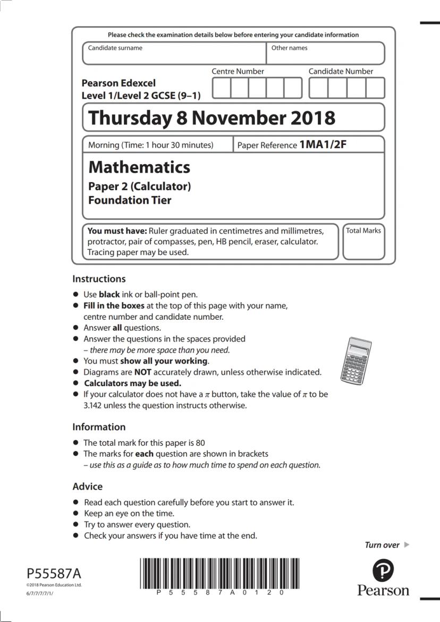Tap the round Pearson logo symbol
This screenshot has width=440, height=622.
(383, 571)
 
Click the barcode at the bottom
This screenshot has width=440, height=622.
(219, 573)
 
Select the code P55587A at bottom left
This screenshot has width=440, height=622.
(54, 574)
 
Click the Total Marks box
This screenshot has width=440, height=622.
(363, 243)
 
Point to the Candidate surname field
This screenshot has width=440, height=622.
(174, 54)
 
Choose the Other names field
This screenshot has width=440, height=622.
(325, 54)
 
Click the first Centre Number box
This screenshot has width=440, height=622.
(222, 88)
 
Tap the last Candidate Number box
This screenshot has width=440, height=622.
(375, 88)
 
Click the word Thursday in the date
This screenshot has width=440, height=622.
(131, 117)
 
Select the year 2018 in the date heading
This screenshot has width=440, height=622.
(313, 117)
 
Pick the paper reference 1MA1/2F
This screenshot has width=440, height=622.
(323, 144)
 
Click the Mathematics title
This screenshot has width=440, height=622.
(139, 167)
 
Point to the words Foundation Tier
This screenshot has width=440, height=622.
(130, 200)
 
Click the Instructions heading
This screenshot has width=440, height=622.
(99, 279)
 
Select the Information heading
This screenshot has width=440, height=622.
(99, 427)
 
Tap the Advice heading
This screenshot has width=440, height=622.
(87, 487)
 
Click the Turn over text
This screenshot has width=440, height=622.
(382, 545)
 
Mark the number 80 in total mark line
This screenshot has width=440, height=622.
(200, 442)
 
